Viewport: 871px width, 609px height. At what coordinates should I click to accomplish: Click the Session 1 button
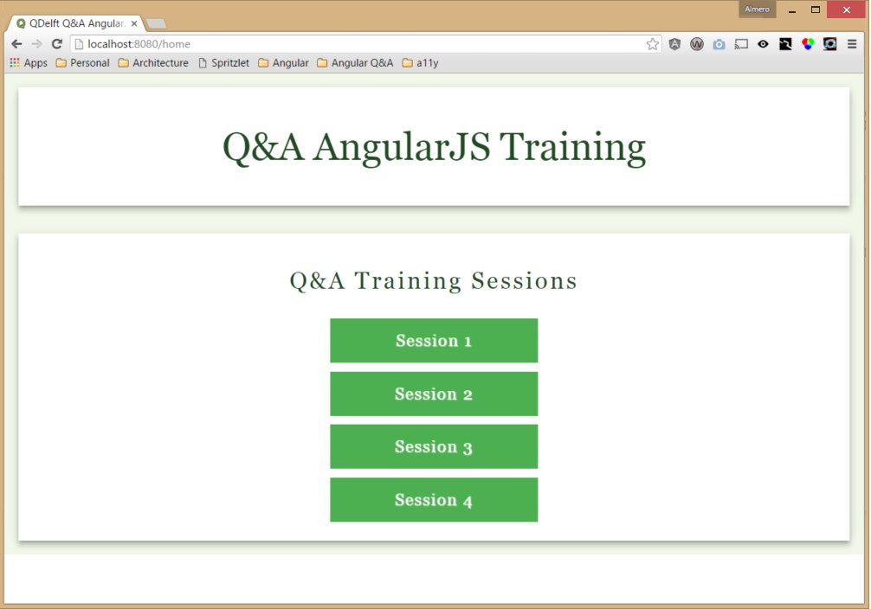434,340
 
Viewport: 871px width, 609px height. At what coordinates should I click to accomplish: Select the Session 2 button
434,394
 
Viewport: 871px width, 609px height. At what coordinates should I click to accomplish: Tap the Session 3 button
434,446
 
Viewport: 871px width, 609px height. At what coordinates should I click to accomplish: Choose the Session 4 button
434,500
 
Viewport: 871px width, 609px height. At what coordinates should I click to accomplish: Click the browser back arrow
16,44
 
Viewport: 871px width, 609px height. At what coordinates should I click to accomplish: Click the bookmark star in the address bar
653,44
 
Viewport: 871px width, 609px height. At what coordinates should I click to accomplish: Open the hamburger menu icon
852,44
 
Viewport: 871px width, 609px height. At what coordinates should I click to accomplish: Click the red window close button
847,10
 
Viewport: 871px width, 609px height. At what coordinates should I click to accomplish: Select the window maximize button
816,10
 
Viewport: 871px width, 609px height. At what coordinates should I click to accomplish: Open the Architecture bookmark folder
153,63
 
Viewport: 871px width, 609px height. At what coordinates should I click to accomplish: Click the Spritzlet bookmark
224,63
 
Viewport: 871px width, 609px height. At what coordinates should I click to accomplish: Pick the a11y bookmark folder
421,63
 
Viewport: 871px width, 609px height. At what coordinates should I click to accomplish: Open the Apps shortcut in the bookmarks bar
29,63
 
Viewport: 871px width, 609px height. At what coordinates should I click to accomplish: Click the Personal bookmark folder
83,63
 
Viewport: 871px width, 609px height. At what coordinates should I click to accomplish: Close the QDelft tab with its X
134,23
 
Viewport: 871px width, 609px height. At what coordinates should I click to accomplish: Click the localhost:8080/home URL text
139,44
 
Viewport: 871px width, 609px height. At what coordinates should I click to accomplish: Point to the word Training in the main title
572,148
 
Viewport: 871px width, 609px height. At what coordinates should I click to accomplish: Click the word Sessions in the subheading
524,280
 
